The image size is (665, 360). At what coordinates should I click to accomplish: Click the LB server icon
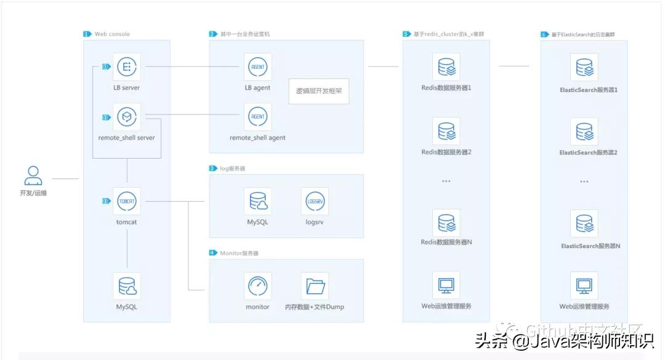[127, 66]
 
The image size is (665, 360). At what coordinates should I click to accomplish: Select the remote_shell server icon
[127, 116]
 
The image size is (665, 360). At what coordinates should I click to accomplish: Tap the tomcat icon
[127, 201]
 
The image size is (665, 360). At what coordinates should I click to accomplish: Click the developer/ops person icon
[33, 176]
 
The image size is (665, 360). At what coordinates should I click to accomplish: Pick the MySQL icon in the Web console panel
[127, 286]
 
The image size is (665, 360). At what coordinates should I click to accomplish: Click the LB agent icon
[257, 66]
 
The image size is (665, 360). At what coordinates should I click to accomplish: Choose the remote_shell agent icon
[257, 116]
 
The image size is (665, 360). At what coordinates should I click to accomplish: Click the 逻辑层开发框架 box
[319, 90]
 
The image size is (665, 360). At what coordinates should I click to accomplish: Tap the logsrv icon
[315, 201]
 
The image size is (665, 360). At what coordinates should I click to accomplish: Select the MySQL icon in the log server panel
[257, 201]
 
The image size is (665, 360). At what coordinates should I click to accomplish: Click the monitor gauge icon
[257, 286]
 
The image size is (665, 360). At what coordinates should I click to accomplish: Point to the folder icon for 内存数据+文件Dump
[315, 286]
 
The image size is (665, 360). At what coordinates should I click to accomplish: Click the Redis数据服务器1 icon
[446, 66]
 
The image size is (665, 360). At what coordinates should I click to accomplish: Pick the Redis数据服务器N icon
[446, 222]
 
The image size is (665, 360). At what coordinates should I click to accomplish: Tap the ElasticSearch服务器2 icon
[584, 131]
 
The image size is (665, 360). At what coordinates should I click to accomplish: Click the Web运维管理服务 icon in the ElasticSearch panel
[584, 286]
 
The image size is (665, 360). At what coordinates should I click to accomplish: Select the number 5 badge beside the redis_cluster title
[406, 34]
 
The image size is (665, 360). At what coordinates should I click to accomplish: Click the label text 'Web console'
[112, 34]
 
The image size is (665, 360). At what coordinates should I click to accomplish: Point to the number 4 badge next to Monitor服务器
[212, 253]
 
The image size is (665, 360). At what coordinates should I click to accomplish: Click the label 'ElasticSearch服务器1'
[589, 90]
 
